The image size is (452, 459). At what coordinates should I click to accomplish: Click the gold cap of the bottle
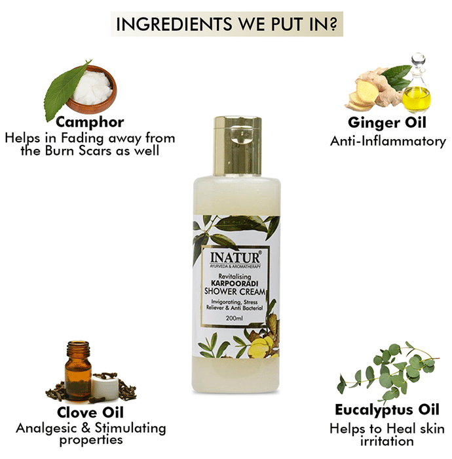[237, 146]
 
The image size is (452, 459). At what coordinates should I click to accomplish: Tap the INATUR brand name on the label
[235, 258]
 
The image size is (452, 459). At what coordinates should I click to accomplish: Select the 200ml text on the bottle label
[235, 319]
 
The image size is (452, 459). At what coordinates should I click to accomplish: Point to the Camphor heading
[90, 123]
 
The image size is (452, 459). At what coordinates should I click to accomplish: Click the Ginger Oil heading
[386, 123]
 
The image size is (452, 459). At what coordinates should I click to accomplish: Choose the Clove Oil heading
[90, 412]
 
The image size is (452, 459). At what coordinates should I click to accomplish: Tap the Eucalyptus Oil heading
[386, 410]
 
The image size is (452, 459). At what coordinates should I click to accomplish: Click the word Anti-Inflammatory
[388, 142]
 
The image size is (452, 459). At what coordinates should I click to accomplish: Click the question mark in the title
[333, 24]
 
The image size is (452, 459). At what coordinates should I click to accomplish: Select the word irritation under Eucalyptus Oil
[386, 441]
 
